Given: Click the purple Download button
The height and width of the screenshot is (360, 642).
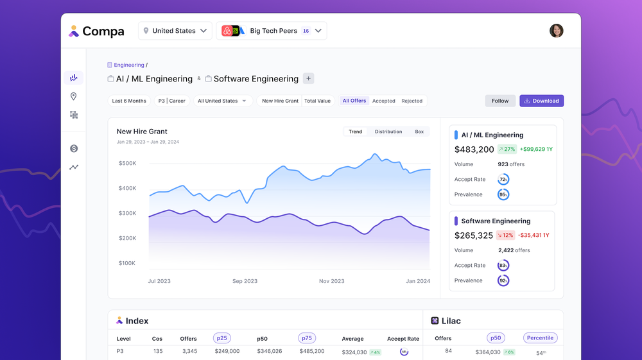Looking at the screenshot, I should coord(541,101).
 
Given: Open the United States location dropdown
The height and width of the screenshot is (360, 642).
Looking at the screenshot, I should coord(175,31).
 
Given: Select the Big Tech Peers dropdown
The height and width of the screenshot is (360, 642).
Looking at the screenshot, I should coord(272,31).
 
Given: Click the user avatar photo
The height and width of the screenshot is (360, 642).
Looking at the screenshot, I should coord(556,31).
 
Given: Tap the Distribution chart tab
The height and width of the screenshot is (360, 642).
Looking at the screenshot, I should coord(388,132).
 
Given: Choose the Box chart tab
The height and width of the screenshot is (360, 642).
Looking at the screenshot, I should coord(419,132).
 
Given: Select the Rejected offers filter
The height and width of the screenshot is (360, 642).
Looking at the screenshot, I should coord(412,101).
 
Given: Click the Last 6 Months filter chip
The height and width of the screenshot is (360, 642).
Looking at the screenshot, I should coord(129,101).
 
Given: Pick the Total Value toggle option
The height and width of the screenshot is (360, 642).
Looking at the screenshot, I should coord(317,101).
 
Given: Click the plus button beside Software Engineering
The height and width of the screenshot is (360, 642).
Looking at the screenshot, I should coord(308,79).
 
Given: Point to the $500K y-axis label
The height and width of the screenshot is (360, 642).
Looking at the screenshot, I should coord(127,163).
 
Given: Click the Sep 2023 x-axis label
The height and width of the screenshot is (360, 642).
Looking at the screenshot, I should coord(245,281).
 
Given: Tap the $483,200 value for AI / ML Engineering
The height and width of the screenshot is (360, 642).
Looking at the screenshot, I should coord(474,150).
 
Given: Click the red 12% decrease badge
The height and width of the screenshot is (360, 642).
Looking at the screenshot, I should coord(505,236).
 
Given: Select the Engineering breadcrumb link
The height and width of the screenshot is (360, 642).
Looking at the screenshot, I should coord(128,65).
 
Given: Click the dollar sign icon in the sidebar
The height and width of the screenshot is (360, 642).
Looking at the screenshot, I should coord(74,149).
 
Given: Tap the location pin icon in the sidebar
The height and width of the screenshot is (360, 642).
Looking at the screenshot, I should coord(74,96).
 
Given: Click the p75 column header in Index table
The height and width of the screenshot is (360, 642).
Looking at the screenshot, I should coord(307,338).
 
